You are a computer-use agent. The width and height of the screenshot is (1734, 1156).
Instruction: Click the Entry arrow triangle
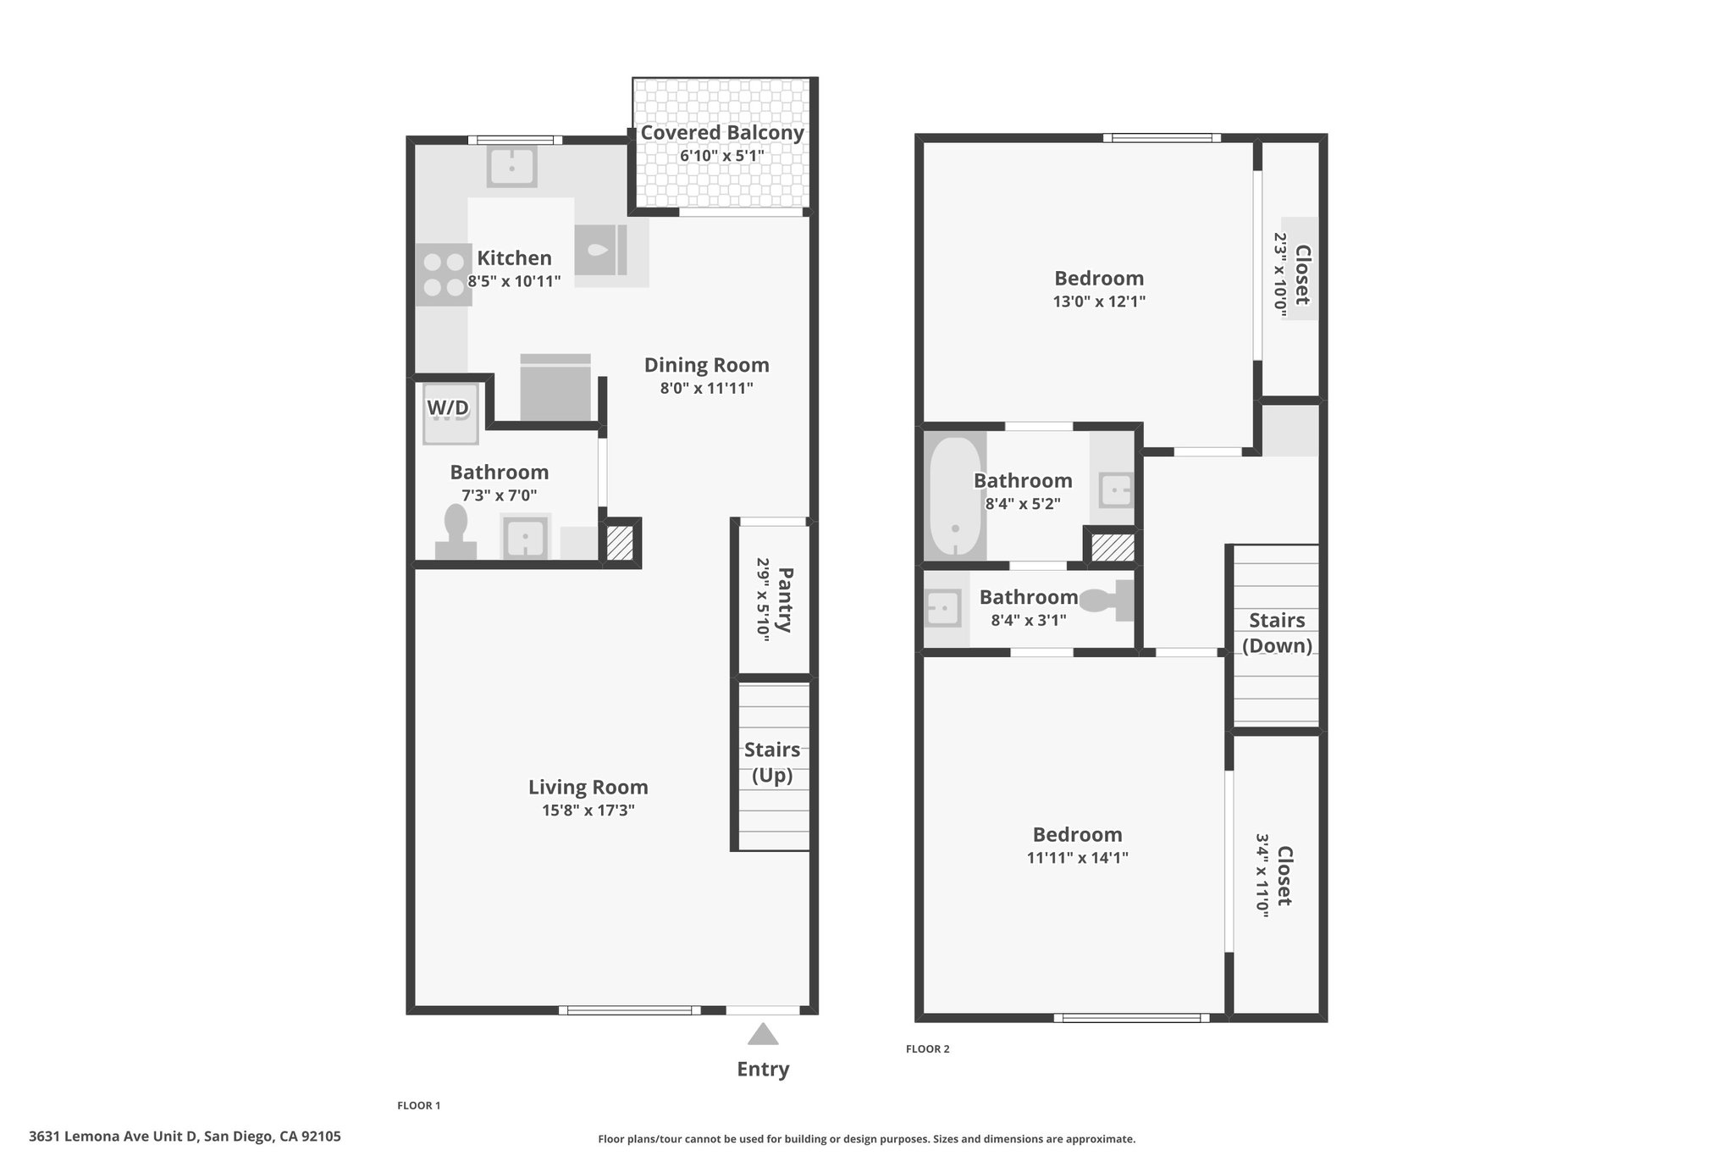pos(763,1034)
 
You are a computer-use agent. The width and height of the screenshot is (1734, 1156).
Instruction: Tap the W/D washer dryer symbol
pos(450,413)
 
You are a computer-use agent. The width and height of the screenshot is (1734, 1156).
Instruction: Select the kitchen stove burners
pos(444,274)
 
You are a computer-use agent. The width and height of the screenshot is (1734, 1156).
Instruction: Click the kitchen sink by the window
pos(511,167)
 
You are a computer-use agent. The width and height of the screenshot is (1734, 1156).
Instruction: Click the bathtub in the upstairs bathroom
pos(955,496)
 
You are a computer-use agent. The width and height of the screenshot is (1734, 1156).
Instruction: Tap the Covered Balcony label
pos(722,133)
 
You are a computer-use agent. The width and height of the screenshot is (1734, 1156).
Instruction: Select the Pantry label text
pos(785,600)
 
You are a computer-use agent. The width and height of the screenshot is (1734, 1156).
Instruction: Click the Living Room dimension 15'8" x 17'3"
pos(588,810)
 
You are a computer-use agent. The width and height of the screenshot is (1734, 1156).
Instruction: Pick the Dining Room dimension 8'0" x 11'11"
pos(707,389)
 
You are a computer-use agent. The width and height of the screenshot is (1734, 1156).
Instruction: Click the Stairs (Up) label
pos(772,762)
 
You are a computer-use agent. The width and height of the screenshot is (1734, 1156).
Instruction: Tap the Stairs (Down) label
pos(1277,633)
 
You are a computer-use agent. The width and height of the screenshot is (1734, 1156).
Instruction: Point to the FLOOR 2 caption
pos(928,1049)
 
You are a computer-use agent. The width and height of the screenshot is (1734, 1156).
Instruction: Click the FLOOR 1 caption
pos(419,1105)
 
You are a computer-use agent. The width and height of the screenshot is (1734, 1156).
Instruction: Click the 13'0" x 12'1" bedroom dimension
pos(1099,301)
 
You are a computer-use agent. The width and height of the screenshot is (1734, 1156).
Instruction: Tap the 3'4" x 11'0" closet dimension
pos(1262,875)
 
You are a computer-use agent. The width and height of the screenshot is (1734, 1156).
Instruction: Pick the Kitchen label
pos(514,258)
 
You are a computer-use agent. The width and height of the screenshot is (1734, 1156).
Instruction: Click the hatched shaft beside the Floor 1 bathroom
pos(621,543)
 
